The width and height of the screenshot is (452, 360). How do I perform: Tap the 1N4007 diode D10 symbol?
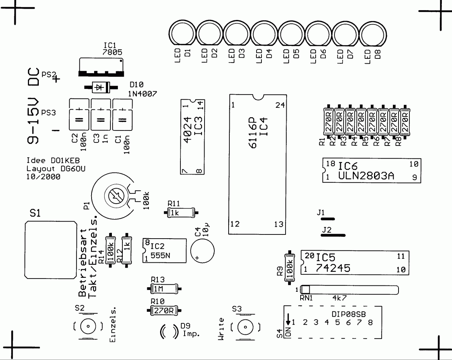click(99, 87)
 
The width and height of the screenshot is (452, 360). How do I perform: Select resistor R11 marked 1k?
click(181, 213)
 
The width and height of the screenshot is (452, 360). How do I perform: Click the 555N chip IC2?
click(165, 251)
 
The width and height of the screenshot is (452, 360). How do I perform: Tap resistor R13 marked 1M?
click(164, 289)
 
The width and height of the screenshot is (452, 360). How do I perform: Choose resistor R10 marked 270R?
click(164, 311)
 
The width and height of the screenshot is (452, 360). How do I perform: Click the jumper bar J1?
click(326, 218)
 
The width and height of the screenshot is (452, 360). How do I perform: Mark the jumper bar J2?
click(333, 234)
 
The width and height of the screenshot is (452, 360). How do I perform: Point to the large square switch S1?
click(50, 250)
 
